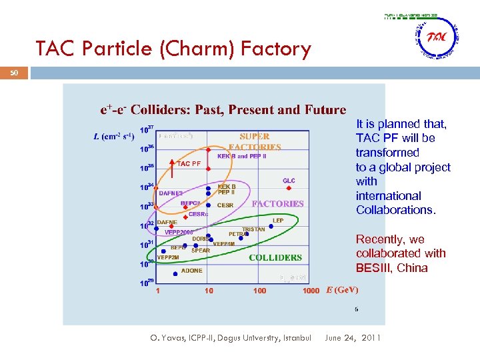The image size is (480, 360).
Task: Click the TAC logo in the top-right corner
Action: click(437, 39)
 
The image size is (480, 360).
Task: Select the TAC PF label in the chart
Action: click(189, 163)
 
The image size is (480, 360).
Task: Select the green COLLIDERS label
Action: click(275, 257)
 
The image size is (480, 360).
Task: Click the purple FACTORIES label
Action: click(277, 203)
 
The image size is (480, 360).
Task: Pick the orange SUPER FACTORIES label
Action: click(255, 141)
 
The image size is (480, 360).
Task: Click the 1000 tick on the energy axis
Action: click(311, 291)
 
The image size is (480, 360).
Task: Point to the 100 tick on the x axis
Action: click(259, 291)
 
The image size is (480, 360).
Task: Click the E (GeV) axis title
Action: click(342, 290)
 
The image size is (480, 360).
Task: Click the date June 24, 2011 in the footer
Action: click(353, 338)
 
